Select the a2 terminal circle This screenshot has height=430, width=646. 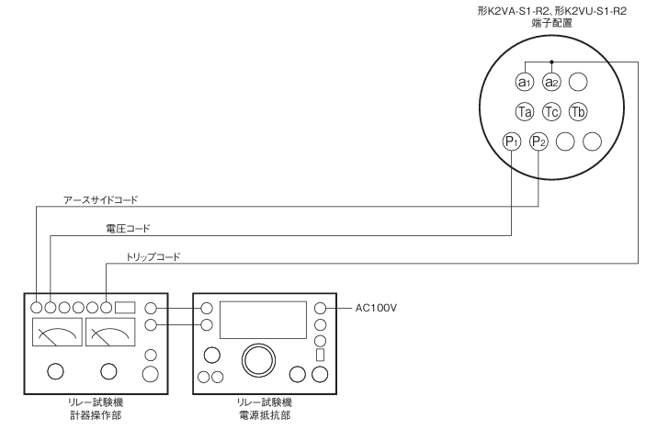pyautogui.click(x=551, y=81)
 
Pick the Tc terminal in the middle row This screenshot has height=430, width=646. pyautogui.click(x=551, y=111)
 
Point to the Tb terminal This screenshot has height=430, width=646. pyautogui.click(x=577, y=111)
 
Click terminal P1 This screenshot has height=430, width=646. pyautogui.click(x=513, y=141)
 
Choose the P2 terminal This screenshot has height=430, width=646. pyautogui.click(x=539, y=141)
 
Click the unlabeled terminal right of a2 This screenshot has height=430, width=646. pyautogui.click(x=577, y=81)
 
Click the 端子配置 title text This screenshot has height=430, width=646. pyautogui.click(x=551, y=24)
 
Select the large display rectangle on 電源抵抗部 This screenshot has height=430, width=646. pyautogui.click(x=262, y=321)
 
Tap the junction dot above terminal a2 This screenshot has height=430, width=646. pyautogui.click(x=551, y=62)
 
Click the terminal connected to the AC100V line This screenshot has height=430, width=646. pyautogui.click(x=321, y=309)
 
